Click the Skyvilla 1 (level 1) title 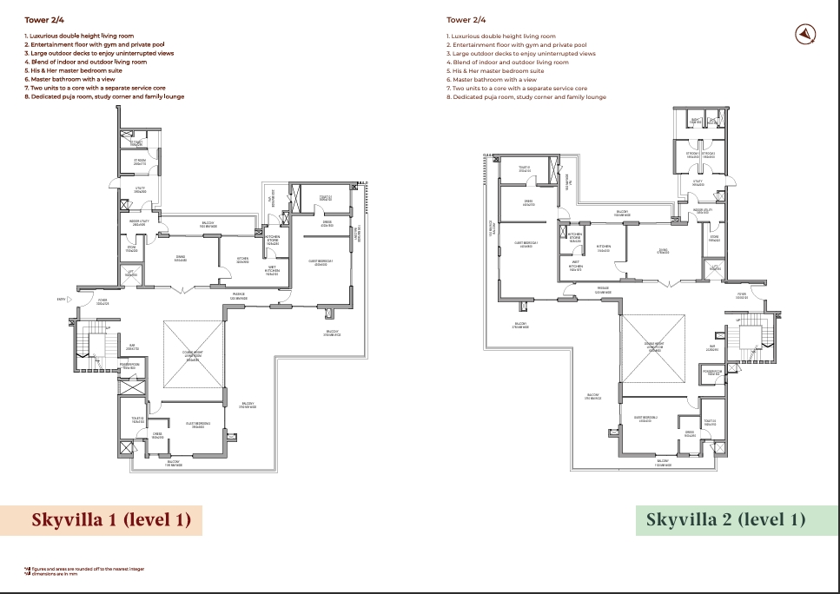coord(111,520)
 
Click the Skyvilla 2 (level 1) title coord(725,520)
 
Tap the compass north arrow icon coord(807,34)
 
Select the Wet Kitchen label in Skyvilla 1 coord(272,270)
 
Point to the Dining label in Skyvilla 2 coord(663,251)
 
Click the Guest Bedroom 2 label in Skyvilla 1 coord(198,425)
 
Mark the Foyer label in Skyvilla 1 coord(103,302)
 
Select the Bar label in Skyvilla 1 coord(132,346)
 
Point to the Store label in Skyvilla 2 coord(714,239)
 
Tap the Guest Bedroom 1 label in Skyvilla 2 coord(526,245)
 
